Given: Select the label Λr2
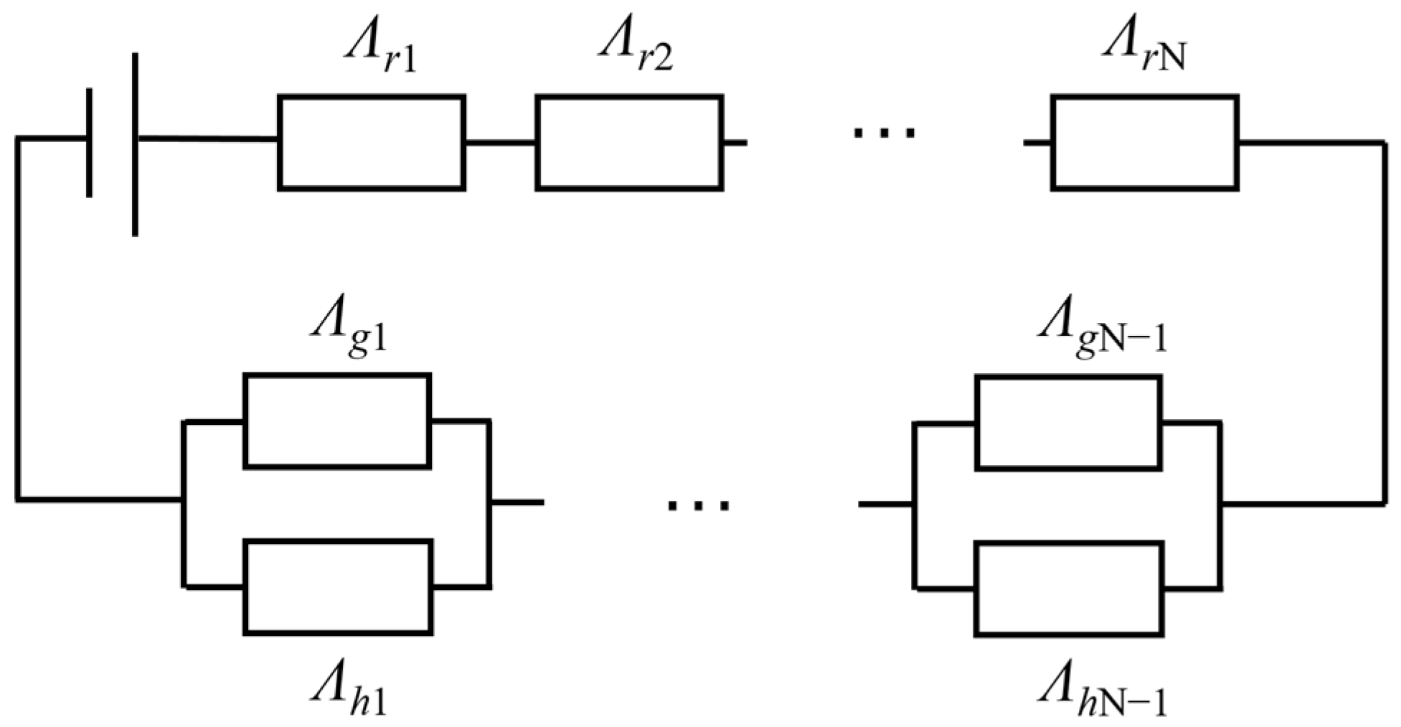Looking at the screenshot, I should tap(635, 54).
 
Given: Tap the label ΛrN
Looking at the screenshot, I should tap(1144, 54).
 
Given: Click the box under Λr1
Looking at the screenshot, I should tap(372, 142).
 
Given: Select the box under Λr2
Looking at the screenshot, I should tap(629, 142).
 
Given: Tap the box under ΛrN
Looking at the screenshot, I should tap(1145, 142).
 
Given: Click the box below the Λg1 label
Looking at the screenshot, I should tap(337, 421).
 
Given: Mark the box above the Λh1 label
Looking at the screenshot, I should tap(338, 586).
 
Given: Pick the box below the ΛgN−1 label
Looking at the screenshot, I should tap(1068, 422).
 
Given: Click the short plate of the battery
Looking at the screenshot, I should tap(90, 142).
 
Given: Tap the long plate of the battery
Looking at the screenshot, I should tap(135, 144).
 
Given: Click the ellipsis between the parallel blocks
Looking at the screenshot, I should tap(698, 505).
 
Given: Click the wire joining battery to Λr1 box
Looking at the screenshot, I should tap(208, 139).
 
